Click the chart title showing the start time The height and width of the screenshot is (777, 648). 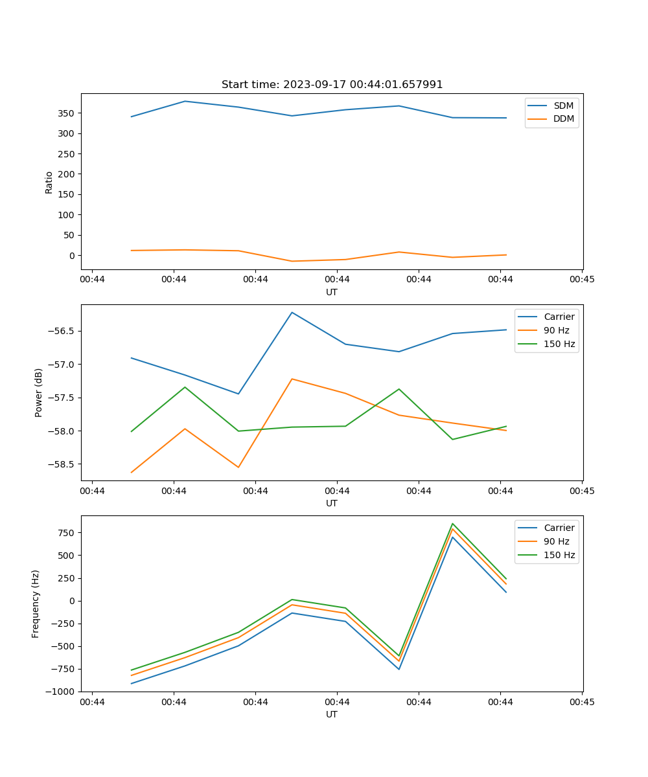click(332, 85)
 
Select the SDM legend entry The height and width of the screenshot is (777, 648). click(563, 106)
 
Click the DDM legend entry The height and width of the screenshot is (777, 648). click(563, 118)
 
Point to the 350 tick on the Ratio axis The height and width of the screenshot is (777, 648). click(67, 113)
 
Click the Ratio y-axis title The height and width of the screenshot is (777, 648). click(49, 182)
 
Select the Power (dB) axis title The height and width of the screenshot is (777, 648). click(39, 392)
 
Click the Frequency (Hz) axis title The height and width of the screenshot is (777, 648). click(36, 603)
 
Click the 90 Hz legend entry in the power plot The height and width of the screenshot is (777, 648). click(556, 330)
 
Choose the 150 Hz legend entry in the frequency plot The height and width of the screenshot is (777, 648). click(559, 555)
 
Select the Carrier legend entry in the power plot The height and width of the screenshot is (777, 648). click(559, 317)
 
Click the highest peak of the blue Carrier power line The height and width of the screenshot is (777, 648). click(292, 312)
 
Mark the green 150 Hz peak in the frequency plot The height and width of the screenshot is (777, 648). click(452, 523)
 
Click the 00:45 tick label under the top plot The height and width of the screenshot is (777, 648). click(582, 280)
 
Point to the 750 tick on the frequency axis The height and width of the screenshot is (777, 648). click(67, 533)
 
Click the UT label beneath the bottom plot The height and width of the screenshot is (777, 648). click(332, 714)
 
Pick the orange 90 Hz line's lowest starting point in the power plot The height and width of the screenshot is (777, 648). click(132, 473)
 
